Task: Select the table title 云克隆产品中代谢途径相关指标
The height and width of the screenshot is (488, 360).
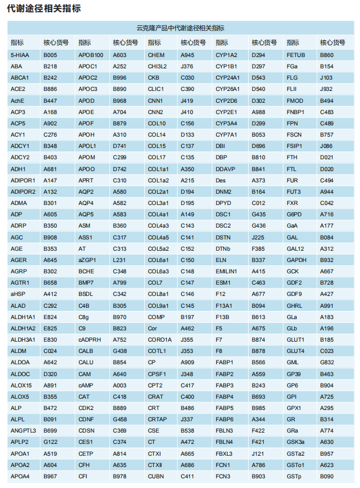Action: click(x=180, y=28)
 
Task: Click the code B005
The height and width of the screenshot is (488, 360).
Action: click(x=50, y=55)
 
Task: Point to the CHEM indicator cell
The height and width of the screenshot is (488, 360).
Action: click(x=156, y=55)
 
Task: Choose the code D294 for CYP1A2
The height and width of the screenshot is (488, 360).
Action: click(x=258, y=55)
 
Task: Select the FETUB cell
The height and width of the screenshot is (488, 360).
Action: click(x=295, y=55)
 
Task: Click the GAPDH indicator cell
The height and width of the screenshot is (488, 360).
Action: click(x=297, y=260)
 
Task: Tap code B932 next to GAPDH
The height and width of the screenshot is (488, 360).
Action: click(x=327, y=260)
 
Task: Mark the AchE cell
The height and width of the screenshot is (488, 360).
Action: click(x=18, y=101)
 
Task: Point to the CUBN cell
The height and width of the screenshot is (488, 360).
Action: click(x=156, y=476)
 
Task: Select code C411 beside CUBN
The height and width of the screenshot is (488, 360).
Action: click(x=187, y=476)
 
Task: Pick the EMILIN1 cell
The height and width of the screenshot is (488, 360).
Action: click(x=226, y=271)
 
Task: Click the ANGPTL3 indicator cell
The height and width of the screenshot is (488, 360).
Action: click(x=23, y=430)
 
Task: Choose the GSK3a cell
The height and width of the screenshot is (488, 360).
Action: click(x=295, y=442)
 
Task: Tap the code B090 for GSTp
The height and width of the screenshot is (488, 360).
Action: click(x=327, y=476)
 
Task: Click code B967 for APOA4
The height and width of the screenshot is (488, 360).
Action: click(x=50, y=476)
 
